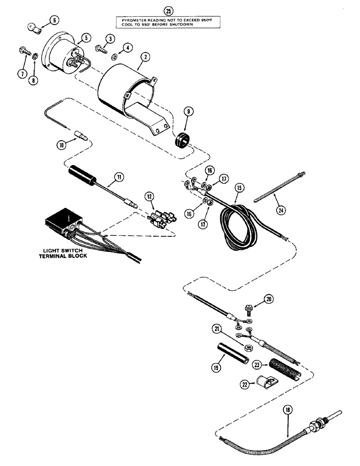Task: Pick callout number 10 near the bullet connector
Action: [x=61, y=145]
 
